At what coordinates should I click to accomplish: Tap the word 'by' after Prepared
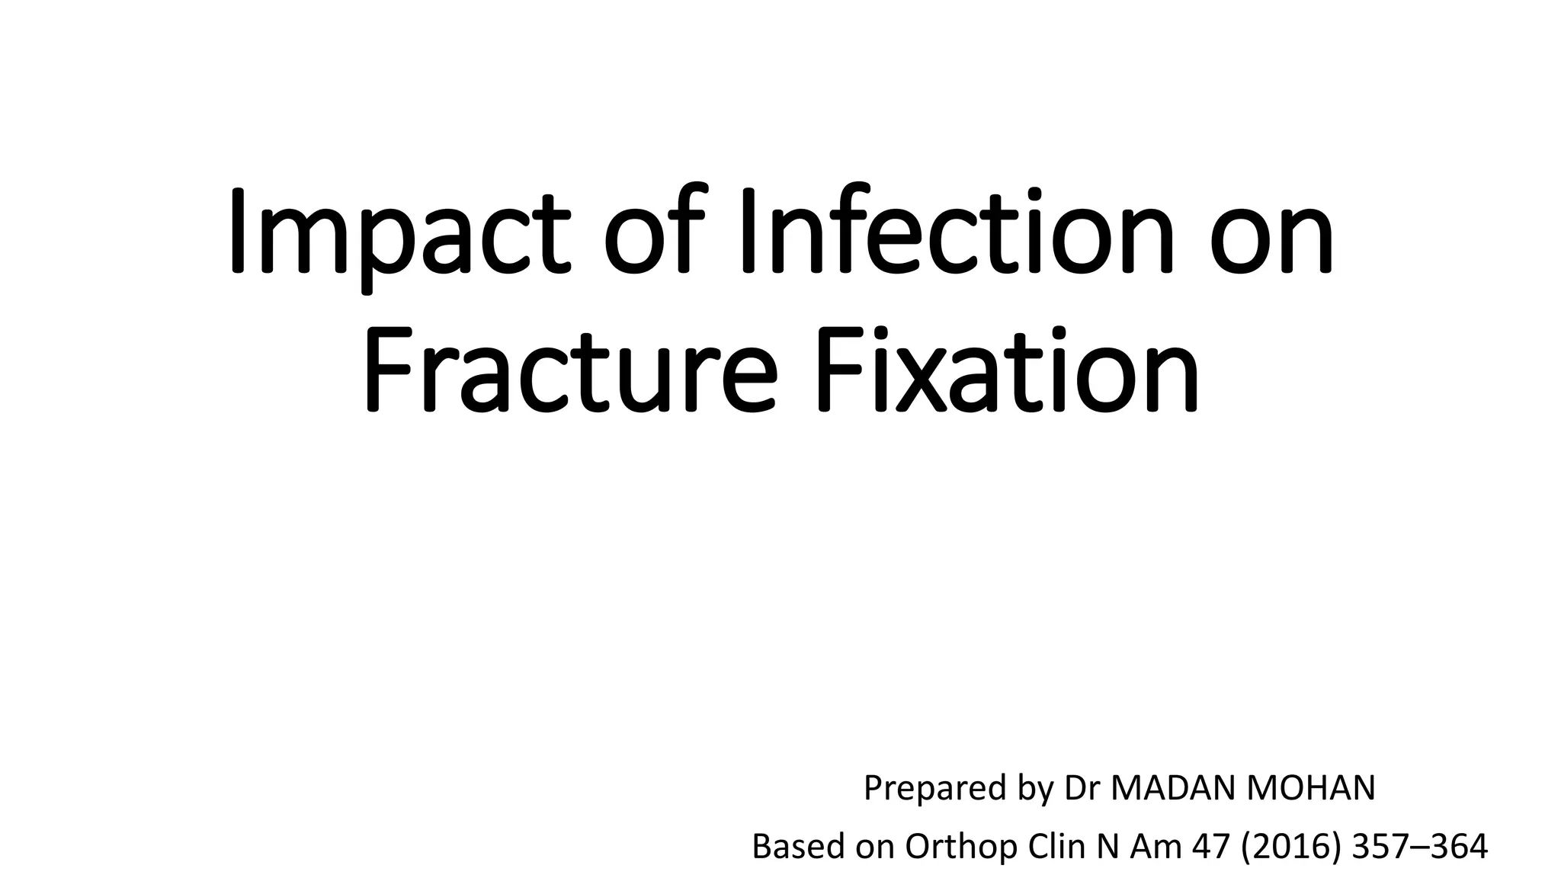coord(1035,789)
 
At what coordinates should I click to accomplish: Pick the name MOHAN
coord(1310,787)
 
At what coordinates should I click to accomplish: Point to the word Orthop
coord(961,848)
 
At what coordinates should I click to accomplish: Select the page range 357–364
coord(1419,846)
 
